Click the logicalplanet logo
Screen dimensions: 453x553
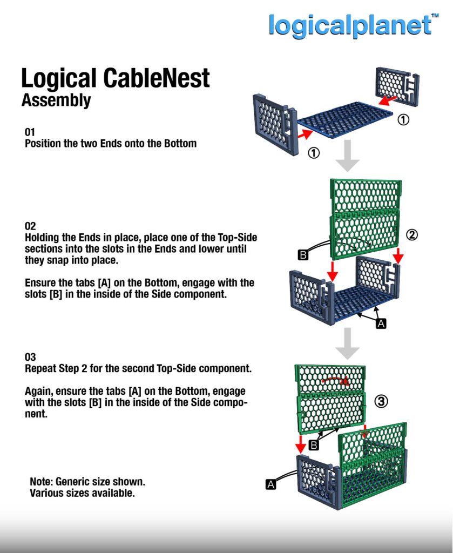coord(350,25)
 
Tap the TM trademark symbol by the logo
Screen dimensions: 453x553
coord(435,16)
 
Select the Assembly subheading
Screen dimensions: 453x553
coord(56,100)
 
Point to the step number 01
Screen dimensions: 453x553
coord(30,132)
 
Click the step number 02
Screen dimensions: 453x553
coord(30,226)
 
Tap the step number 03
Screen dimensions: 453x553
coord(30,358)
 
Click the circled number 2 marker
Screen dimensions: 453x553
coord(412,235)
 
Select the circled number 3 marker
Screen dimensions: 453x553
coord(381,401)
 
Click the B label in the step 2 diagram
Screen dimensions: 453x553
coord(303,255)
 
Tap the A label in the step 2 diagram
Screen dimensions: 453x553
coord(381,323)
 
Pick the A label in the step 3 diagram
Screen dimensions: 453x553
coord(271,484)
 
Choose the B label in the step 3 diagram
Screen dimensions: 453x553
coord(313,445)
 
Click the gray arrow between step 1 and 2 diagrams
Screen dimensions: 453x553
coord(348,156)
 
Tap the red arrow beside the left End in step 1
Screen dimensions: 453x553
coord(305,134)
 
